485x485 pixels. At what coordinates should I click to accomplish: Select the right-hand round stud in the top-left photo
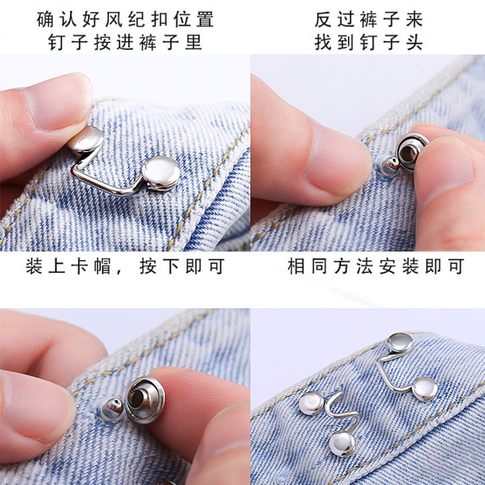pos(160,173)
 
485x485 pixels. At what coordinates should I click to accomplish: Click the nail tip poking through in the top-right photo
pos(389,167)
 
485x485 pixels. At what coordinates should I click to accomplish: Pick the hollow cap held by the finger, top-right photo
pos(411,152)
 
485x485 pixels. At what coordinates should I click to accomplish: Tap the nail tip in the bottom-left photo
pos(112,410)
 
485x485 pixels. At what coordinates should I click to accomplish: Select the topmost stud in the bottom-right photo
pos(400,343)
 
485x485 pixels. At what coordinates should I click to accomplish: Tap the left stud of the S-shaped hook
pos(311,403)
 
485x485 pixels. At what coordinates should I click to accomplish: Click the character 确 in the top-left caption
pos(45,19)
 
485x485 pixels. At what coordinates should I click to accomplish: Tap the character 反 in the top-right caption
pos(323,19)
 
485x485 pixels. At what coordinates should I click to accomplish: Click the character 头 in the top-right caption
pos(415,42)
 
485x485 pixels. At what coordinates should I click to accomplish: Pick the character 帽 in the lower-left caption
pos(102,266)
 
